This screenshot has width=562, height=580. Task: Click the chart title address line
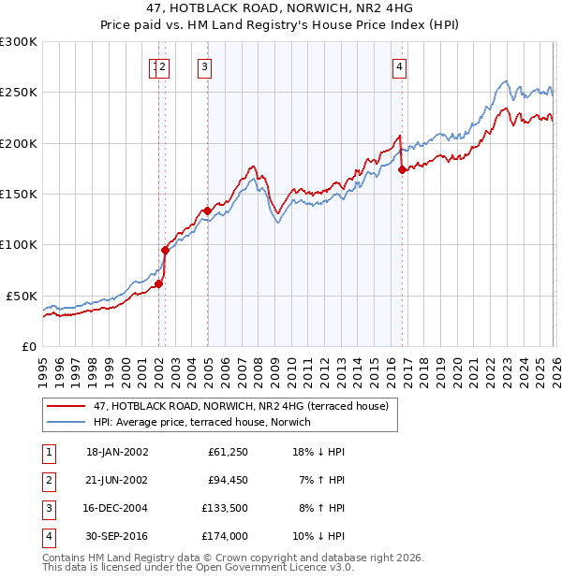pyautogui.click(x=281, y=7)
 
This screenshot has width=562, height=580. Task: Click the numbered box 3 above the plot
pyautogui.click(x=203, y=66)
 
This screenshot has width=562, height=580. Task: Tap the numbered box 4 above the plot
pyautogui.click(x=399, y=66)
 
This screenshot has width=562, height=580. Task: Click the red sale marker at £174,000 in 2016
pyautogui.click(x=402, y=169)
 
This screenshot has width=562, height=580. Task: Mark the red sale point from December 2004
pyautogui.click(x=207, y=210)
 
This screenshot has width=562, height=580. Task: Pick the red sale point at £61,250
pyautogui.click(x=159, y=283)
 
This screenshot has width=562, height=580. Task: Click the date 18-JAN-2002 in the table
pyautogui.click(x=117, y=452)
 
